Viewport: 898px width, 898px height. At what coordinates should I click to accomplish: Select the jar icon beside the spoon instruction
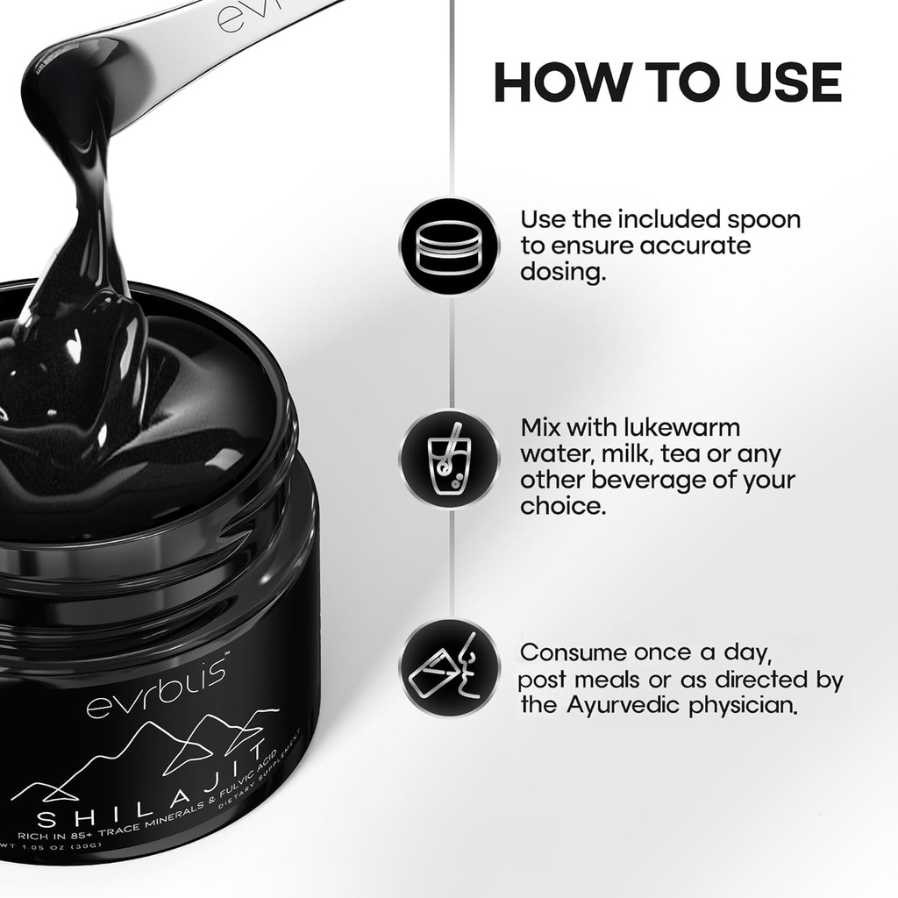[x=449, y=246]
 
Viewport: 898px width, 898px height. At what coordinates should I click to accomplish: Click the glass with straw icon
[x=449, y=458]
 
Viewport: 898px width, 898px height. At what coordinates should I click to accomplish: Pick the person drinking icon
[x=449, y=666]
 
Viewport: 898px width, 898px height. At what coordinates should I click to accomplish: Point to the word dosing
[x=562, y=272]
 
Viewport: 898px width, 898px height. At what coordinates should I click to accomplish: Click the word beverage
[x=670, y=481]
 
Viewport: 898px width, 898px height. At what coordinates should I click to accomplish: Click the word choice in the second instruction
[x=562, y=506]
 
